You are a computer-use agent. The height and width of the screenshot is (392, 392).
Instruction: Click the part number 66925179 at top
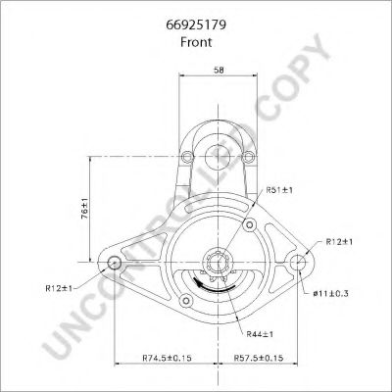(x=196, y=25)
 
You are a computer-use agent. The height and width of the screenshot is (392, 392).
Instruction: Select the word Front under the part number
(x=196, y=42)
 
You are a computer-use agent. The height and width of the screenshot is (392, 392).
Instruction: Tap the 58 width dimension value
(x=219, y=70)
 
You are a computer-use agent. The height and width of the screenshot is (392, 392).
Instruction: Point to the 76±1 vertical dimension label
(x=84, y=209)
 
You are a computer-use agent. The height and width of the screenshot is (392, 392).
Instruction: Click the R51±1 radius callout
(x=279, y=190)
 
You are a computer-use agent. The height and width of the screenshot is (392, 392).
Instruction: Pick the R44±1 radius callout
(x=260, y=334)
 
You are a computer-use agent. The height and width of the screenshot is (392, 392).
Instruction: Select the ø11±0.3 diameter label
(x=330, y=293)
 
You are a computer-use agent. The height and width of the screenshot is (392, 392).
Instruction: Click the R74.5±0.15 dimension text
(x=167, y=358)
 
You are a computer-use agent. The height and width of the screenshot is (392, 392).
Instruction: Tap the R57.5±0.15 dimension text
(x=259, y=358)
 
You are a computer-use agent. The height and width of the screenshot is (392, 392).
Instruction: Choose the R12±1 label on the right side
(x=339, y=242)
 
